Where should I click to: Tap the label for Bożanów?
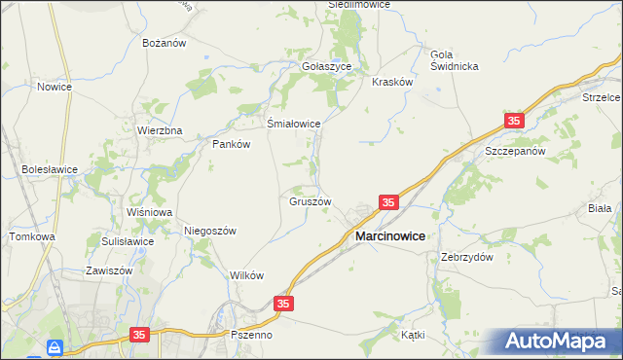pyautogui.click(x=164, y=44)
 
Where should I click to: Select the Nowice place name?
pyautogui.click(x=55, y=87)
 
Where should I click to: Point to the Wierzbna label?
pyautogui.click(x=160, y=130)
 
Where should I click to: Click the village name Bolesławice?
pyautogui.click(x=50, y=168)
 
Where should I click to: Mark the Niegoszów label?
pyautogui.click(x=210, y=231)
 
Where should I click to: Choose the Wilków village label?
pyautogui.click(x=247, y=275)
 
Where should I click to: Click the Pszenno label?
pyautogui.click(x=251, y=335)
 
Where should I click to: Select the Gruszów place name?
pyautogui.click(x=311, y=201)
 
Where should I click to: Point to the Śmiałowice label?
pyautogui.click(x=294, y=124)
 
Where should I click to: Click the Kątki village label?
pyautogui.click(x=413, y=334)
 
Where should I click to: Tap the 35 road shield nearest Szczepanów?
pyautogui.click(x=514, y=121)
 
